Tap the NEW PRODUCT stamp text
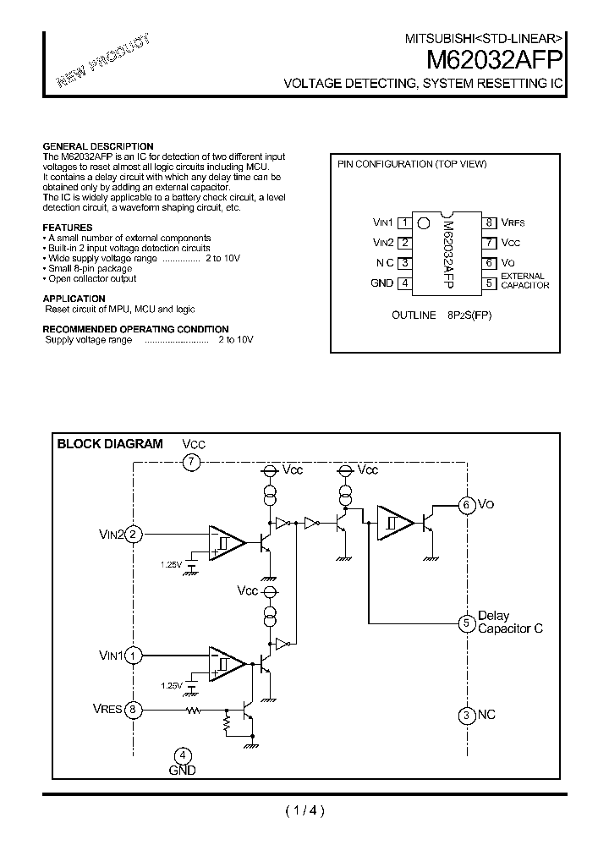[103, 62]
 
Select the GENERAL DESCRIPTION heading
[98, 146]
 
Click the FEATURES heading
[68, 228]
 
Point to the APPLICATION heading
[74, 299]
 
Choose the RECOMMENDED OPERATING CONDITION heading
[135, 329]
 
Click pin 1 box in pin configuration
[405, 222]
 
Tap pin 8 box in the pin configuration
[489, 222]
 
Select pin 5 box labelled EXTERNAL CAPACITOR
[489, 283]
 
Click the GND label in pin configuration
[382, 283]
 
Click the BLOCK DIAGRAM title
[109, 444]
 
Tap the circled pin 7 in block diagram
[192, 462]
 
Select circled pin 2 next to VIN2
[134, 534]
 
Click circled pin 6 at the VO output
[466, 505]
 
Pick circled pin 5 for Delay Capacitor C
[466, 623]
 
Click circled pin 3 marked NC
[466, 716]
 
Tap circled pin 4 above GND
[182, 755]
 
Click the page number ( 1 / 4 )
[304, 811]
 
